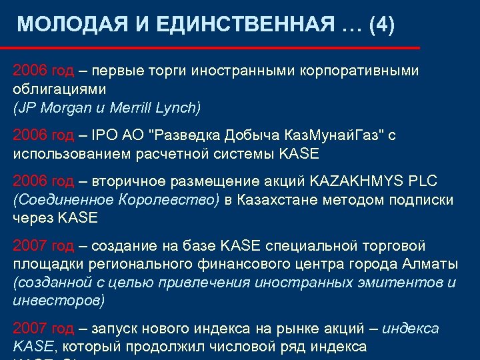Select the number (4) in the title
point(379,25)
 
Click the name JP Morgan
point(57,107)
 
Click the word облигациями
point(59,89)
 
